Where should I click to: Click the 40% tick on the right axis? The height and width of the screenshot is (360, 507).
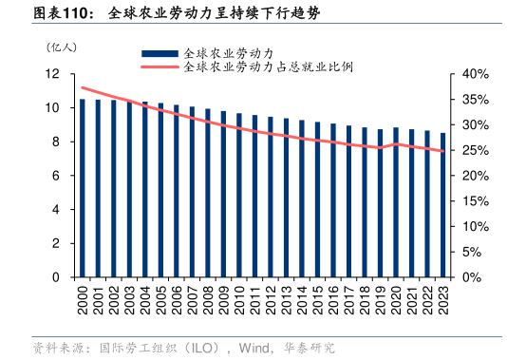click(x=474, y=74)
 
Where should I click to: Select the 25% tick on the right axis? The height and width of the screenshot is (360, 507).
click(x=474, y=151)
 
